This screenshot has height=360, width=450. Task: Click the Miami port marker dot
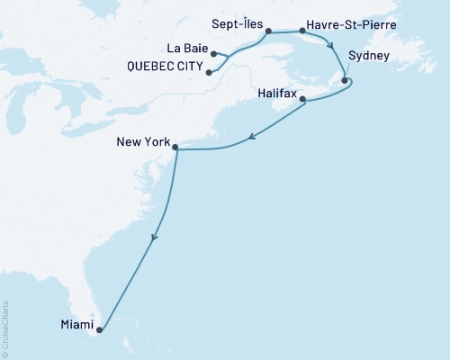(99, 329)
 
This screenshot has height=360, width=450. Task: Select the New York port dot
(175, 147)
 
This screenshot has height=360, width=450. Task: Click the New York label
(142, 141)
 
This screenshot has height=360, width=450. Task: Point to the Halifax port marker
(303, 99)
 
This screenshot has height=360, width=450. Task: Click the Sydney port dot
(344, 83)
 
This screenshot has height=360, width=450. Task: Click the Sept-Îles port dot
(267, 33)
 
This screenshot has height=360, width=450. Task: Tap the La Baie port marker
(213, 54)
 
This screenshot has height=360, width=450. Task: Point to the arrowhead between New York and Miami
(155, 238)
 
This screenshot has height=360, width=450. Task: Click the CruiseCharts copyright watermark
(6, 328)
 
